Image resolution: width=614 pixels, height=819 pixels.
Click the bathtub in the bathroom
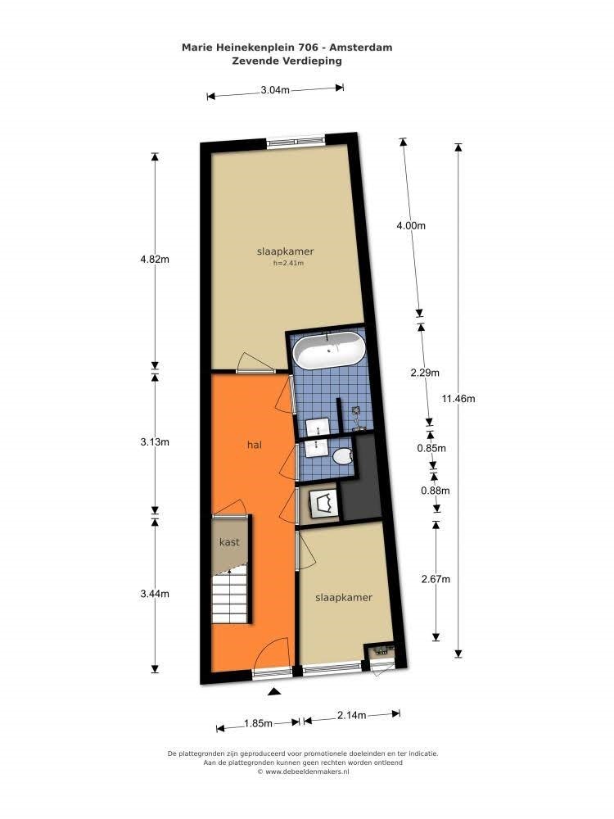328,351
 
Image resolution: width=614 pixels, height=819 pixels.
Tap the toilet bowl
344,456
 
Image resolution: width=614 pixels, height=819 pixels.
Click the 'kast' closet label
229,541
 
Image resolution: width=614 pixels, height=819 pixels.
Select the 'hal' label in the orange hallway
255,445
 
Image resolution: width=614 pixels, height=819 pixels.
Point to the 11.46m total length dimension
458,399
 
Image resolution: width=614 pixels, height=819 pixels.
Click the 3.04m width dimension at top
275,90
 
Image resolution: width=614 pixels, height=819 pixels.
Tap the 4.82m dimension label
155,259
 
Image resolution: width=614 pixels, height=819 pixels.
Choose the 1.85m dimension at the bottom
258,723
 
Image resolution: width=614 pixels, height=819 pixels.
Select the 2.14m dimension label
351,716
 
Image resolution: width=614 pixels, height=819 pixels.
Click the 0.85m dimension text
431,448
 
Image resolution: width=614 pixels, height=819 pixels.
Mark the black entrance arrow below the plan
274,692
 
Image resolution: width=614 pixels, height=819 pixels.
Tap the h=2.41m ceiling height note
288,263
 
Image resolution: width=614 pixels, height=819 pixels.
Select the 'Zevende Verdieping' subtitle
287,61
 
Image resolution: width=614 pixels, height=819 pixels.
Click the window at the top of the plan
296,141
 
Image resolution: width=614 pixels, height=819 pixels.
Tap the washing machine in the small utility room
323,503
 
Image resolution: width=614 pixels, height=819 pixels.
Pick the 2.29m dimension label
425,373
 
